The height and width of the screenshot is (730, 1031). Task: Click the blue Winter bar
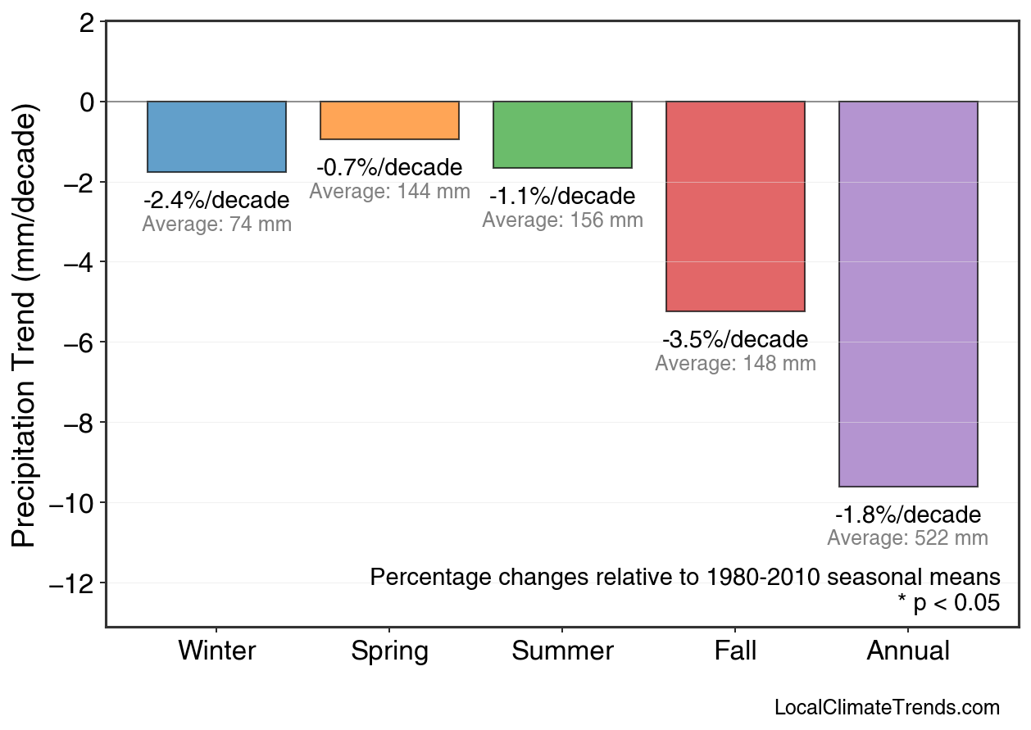(x=216, y=136)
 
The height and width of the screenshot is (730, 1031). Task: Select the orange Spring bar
(x=389, y=120)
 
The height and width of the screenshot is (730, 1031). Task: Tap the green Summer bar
(x=562, y=134)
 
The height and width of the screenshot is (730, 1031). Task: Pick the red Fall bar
(x=735, y=206)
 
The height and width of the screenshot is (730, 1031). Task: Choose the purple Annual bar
(x=908, y=294)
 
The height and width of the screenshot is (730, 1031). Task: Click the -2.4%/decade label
(x=216, y=200)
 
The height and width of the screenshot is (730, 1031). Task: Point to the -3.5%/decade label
(x=735, y=339)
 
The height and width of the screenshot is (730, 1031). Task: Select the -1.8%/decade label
(x=908, y=515)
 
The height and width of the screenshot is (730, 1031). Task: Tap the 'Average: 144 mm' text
(x=389, y=192)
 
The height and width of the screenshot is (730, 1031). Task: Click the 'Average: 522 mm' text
(x=908, y=538)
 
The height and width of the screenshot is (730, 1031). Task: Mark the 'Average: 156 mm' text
(x=562, y=220)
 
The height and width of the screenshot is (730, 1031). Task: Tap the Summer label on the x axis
(x=562, y=651)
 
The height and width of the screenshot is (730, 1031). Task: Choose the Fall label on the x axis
(x=735, y=651)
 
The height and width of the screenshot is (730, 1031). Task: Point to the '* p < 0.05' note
(x=948, y=603)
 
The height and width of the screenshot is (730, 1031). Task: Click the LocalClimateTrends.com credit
(x=887, y=708)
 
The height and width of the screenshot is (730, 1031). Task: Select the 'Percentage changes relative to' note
(x=684, y=577)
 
